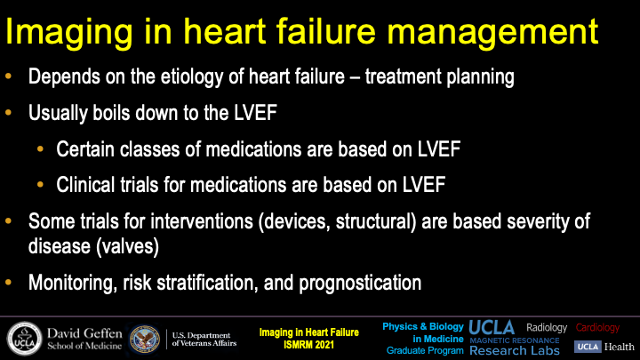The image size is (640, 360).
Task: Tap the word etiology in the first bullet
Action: (191, 76)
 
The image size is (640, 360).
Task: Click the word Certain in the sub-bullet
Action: (85, 149)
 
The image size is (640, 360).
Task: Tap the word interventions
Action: (202, 221)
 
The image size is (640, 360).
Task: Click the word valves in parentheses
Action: (127, 246)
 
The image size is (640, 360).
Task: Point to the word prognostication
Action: (360, 283)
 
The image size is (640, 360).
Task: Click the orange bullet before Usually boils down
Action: (9, 112)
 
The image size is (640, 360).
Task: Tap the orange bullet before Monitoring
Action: (9, 282)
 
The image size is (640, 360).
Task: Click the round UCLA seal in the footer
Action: (25, 339)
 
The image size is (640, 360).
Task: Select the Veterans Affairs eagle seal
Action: (145, 340)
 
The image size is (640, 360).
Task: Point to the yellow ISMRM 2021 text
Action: (309, 345)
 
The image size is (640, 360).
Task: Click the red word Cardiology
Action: (597, 328)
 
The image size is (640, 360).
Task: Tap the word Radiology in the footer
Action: (547, 328)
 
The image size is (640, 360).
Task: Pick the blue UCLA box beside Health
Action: (588, 347)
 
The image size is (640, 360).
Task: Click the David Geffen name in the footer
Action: (84, 333)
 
